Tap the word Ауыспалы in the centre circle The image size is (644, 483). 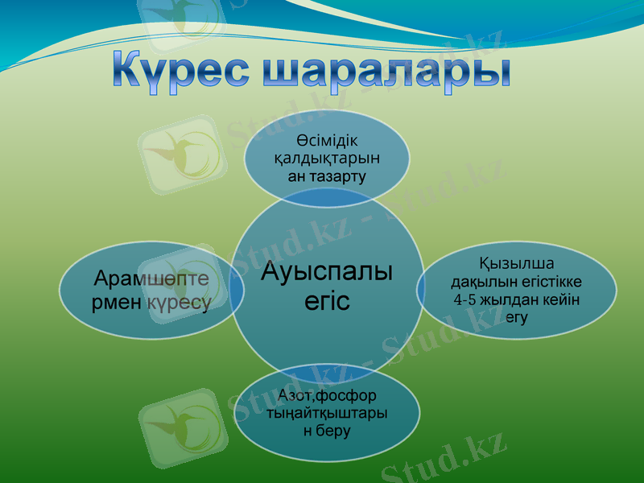(x=327, y=272)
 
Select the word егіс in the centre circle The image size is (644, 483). (x=327, y=301)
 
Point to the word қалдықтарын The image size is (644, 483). (x=327, y=158)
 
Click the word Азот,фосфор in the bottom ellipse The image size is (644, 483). (x=327, y=396)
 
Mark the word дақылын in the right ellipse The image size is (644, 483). (x=478, y=282)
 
